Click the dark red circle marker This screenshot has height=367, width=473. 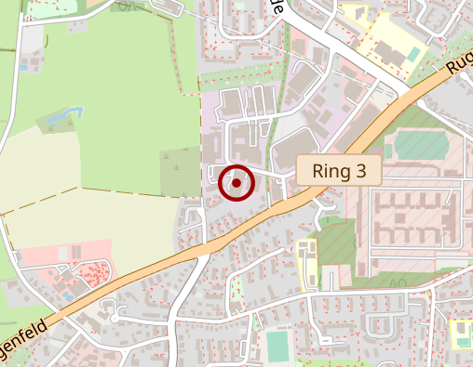(236, 183)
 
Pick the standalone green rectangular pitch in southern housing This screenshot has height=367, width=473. (277, 346)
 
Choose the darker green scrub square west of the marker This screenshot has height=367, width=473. (181, 173)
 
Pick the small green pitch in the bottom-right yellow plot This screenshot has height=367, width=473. (460, 333)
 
